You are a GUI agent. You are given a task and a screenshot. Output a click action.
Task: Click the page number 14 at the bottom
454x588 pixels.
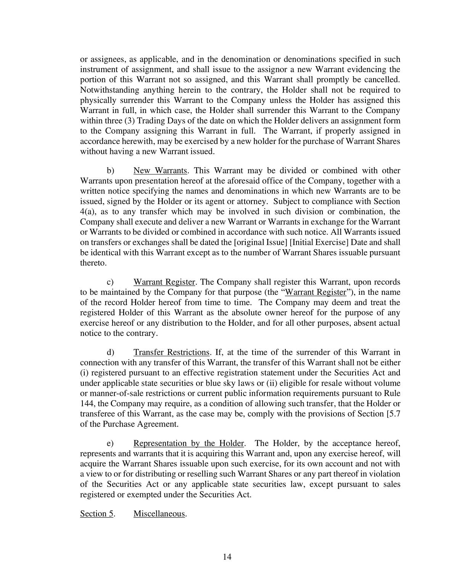227,557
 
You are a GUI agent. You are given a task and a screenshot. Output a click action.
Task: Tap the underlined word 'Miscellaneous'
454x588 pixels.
159,514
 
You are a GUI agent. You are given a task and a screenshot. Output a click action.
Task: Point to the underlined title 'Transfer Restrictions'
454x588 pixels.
171,352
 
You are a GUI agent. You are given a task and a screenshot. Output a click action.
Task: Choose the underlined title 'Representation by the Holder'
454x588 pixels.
188,443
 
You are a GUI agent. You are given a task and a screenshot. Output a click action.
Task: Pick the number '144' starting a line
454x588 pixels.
86,404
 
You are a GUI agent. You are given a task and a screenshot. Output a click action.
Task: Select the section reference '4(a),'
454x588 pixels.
88,212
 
